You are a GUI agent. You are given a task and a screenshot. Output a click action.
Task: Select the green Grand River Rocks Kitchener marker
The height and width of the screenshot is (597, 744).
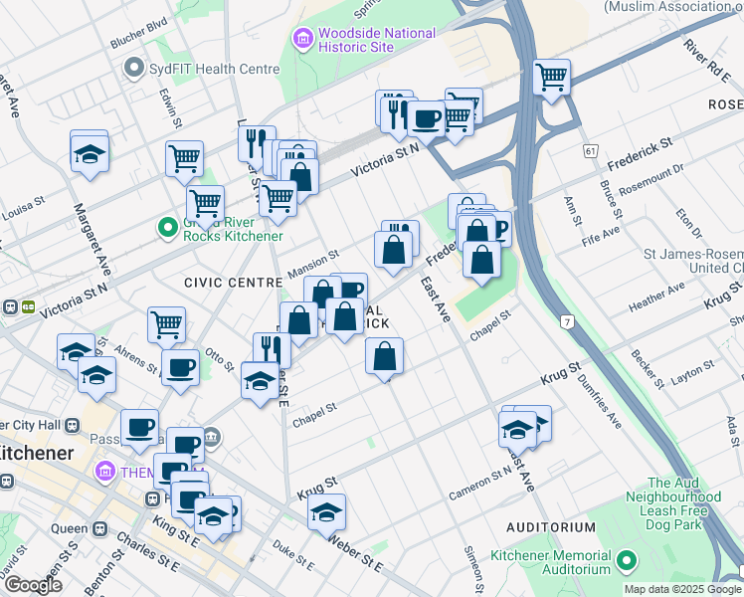(x=168, y=228)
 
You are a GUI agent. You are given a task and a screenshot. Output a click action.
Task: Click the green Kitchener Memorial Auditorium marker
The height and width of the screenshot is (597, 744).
(x=627, y=562)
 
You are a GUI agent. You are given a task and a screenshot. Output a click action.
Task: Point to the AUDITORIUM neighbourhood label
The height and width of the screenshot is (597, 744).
(x=549, y=527)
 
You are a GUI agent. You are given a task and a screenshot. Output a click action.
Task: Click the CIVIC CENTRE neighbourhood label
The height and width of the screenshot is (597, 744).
(x=233, y=283)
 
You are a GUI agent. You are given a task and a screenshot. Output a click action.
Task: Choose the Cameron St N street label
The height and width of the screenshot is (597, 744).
(x=480, y=480)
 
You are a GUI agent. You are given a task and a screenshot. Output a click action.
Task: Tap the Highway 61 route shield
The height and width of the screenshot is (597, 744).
(x=591, y=150)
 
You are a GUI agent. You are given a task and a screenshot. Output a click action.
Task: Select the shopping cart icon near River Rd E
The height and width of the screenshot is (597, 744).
(x=551, y=76)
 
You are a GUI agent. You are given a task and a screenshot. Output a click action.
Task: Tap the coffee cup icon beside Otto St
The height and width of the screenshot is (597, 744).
(x=180, y=366)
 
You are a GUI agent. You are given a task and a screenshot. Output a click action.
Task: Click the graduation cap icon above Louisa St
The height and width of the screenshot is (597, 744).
(x=90, y=153)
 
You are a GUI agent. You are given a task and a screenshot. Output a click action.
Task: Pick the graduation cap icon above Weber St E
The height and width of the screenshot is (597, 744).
(x=325, y=512)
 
